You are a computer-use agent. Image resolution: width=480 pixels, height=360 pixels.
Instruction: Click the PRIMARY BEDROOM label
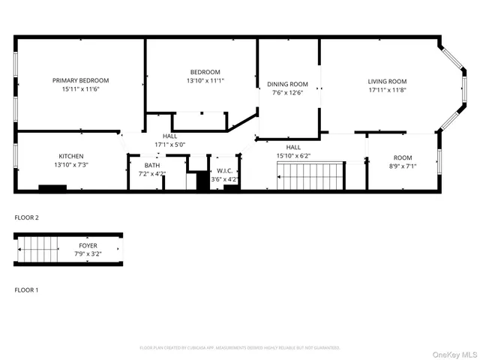coord(80,80)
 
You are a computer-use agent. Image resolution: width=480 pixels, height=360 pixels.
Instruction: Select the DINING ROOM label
coord(289,84)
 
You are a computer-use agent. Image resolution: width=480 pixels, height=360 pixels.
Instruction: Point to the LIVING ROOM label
coord(387,81)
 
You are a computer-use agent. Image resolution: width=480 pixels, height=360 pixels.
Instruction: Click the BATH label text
coord(152,165)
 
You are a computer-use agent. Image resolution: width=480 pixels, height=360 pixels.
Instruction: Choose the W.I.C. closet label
coord(224,171)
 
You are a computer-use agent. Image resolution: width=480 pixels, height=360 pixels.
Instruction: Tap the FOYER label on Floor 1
coord(88,245)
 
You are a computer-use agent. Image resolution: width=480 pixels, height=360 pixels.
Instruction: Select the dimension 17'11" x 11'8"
coord(387,90)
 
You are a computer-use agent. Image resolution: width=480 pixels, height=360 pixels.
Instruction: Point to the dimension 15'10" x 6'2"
coord(293,155)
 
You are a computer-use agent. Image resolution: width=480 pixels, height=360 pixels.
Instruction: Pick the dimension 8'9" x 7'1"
coord(403,166)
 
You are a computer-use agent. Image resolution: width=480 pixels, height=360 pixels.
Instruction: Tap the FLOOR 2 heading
coord(26,217)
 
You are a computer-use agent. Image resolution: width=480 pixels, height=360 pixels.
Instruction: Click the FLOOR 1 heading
coord(26,289)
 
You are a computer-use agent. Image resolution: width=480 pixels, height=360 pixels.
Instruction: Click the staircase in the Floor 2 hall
coord(309,179)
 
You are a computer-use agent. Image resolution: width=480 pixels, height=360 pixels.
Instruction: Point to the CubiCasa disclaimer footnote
coord(240,348)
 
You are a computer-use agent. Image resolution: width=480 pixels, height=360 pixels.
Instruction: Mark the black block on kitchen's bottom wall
coord(52,188)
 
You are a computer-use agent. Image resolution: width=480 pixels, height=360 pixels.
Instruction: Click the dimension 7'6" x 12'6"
coord(289,93)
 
